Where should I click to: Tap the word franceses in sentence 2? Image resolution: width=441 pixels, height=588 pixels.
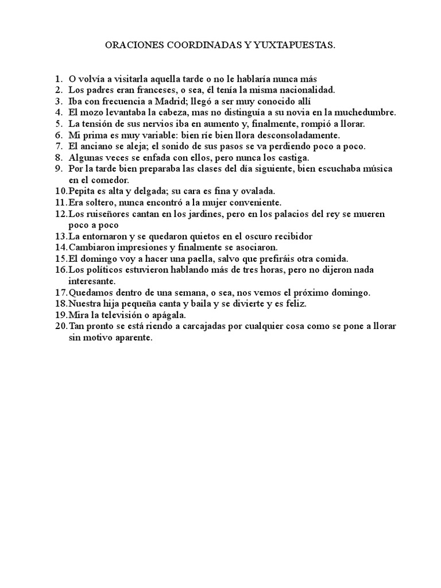click(x=141, y=90)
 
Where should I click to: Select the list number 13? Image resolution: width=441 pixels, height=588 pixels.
click(x=61, y=236)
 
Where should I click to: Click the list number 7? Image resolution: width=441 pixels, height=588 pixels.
click(x=59, y=146)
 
